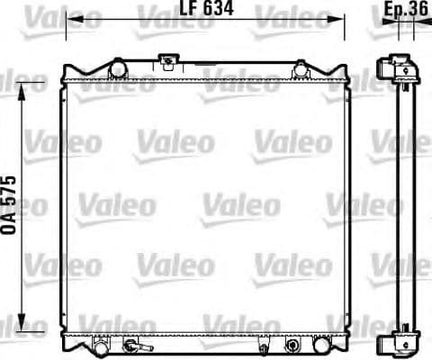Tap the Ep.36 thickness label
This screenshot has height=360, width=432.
[405, 11]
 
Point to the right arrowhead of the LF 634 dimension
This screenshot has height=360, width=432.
[344, 18]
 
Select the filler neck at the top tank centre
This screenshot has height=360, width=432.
[167, 63]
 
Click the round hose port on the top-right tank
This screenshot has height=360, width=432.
[301, 67]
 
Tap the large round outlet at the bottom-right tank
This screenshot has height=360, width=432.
[292, 345]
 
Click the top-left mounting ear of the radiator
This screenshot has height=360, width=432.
[67, 71]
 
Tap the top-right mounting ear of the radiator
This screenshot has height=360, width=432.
[347, 71]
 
